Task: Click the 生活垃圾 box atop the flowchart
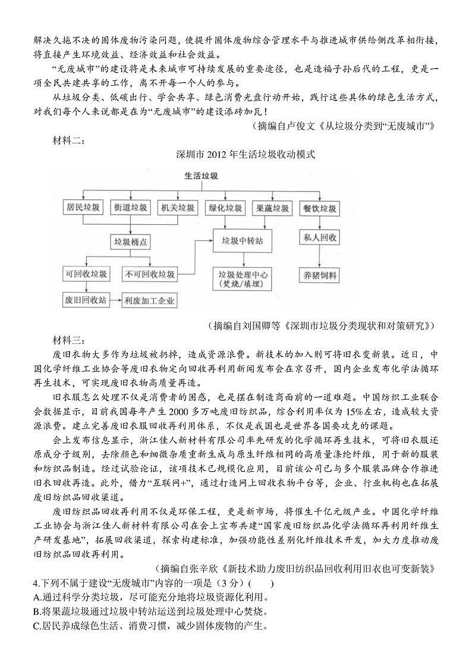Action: [x=201, y=176]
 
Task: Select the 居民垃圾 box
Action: [x=83, y=208]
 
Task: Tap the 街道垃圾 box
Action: [x=130, y=208]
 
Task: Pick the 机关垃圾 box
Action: [x=177, y=208]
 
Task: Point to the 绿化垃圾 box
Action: [x=225, y=208]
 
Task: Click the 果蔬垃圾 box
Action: [x=272, y=208]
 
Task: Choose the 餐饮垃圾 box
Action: [x=320, y=208]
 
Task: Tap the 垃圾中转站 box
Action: [x=242, y=242]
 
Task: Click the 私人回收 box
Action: [x=320, y=238]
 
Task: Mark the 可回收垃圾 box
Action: [x=87, y=274]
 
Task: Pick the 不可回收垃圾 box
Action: [x=150, y=274]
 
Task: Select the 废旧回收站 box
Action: [x=86, y=300]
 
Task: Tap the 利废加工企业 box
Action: [x=149, y=301]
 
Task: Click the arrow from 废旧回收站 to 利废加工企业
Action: [x=115, y=301]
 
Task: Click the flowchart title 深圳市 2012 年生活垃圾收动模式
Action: [x=245, y=155]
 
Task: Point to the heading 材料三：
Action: [x=70, y=340]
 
